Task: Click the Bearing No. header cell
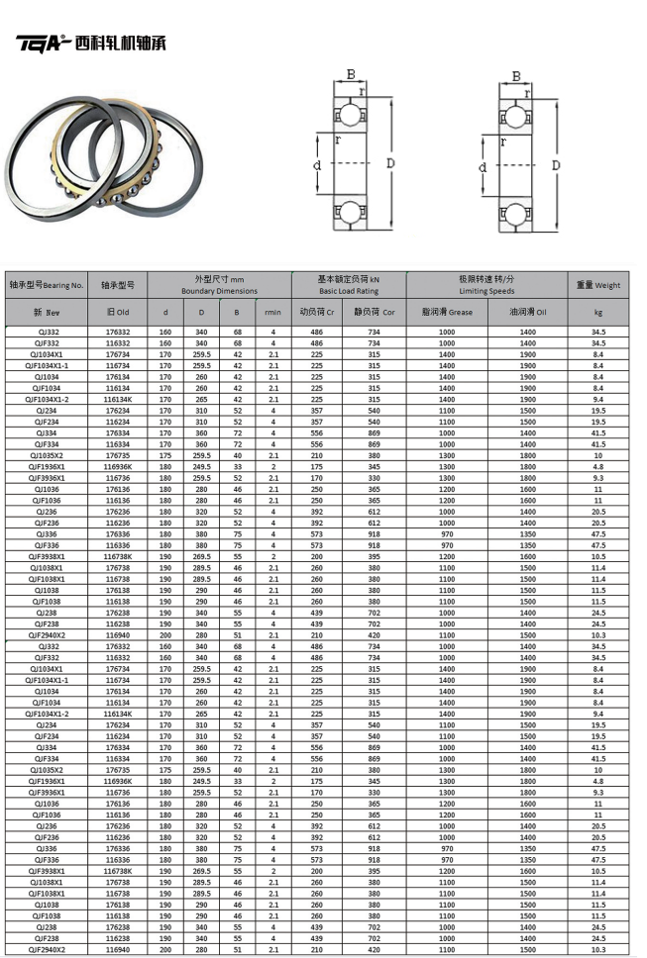pyautogui.click(x=46, y=285)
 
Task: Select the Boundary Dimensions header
pyautogui.click(x=219, y=285)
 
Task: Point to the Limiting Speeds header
pyautogui.click(x=485, y=285)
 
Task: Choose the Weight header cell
pyautogui.click(x=598, y=285)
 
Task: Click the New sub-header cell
pyautogui.click(x=46, y=312)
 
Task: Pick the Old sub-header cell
pyautogui.click(x=117, y=312)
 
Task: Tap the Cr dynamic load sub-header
pyautogui.click(x=317, y=312)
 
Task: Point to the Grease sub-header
pyautogui.click(x=446, y=312)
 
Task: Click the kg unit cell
pyautogui.click(x=598, y=312)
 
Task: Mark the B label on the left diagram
pyautogui.click(x=350, y=72)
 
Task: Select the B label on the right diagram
pyautogui.click(x=515, y=75)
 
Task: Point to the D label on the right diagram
pyautogui.click(x=556, y=164)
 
